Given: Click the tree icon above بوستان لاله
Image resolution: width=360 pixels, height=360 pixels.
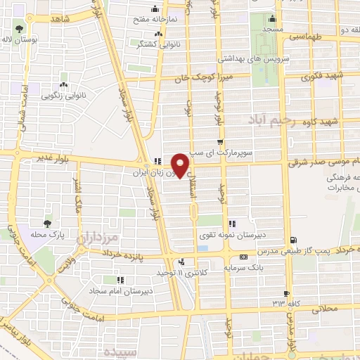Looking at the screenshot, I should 18,30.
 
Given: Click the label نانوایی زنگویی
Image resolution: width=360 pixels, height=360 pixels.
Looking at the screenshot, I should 63,94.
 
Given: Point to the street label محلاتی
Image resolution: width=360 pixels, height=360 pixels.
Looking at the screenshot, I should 323,308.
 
